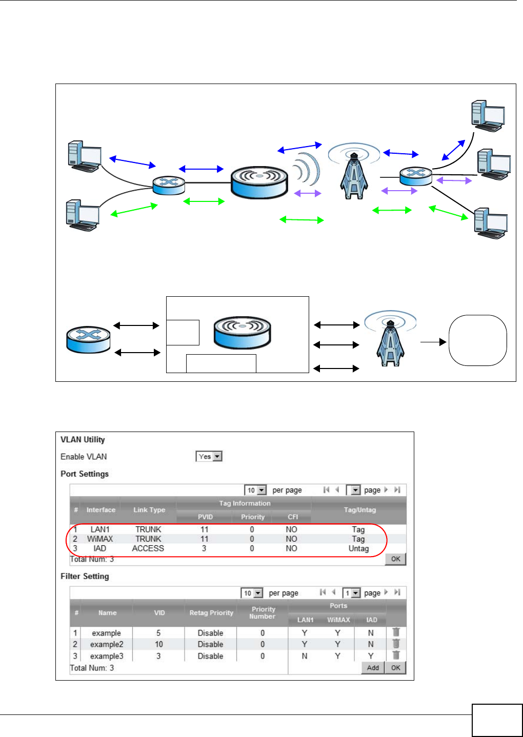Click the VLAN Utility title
coord(83,439)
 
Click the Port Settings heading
coord(85,474)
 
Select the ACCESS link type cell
coord(148,548)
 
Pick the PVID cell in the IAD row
coord(204,548)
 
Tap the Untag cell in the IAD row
coord(358,548)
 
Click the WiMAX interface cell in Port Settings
coord(100,539)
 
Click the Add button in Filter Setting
coord(373,667)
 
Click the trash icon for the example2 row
coord(396,644)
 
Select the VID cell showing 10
coord(159,644)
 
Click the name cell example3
coord(107,656)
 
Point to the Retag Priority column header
coord(211,612)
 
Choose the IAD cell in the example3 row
coord(371,656)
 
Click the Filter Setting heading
coord(85,576)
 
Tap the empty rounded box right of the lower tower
coord(478,340)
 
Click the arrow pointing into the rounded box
coord(433,342)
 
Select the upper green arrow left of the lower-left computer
coord(134,210)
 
